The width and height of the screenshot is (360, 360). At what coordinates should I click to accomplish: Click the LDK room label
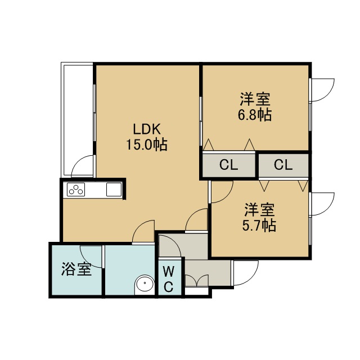(x=147, y=129)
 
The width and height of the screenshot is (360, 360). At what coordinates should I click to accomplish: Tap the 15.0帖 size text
(x=147, y=145)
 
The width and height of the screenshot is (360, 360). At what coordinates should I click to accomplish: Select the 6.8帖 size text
(x=255, y=115)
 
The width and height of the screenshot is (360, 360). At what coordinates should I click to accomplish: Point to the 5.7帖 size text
(x=259, y=226)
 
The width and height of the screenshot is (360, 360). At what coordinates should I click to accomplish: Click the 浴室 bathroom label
(x=76, y=269)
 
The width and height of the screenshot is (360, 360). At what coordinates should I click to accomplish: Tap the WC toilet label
(x=169, y=279)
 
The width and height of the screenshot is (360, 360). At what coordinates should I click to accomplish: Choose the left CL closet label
(x=229, y=165)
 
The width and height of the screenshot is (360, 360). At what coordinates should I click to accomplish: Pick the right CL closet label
(x=283, y=165)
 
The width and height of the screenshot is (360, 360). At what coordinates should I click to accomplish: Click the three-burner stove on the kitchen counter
(x=76, y=190)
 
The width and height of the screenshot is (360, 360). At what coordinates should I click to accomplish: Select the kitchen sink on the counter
(x=114, y=190)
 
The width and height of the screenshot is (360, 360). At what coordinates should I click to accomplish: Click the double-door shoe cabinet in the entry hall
(x=197, y=280)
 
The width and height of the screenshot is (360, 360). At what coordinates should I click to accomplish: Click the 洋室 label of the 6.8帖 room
(x=255, y=99)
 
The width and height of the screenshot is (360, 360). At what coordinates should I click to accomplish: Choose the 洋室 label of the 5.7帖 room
(x=259, y=210)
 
